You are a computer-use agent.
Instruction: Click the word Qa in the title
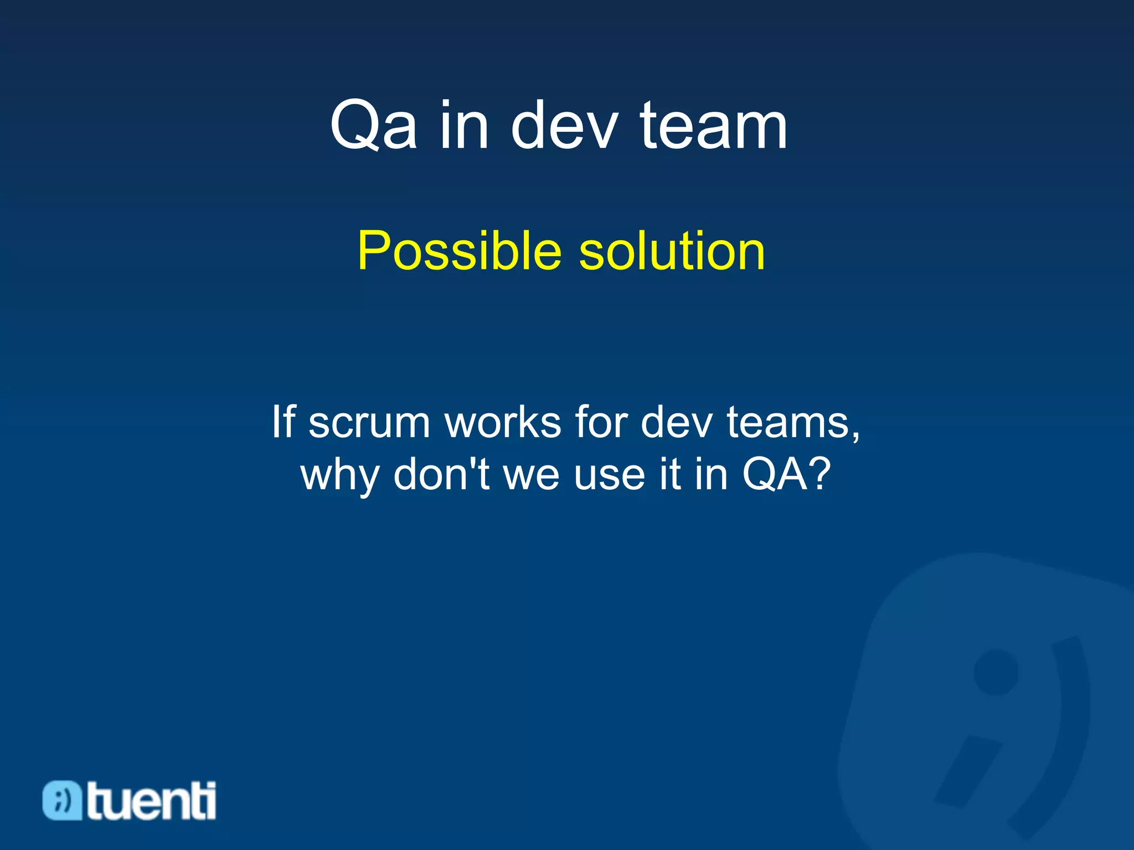point(373,126)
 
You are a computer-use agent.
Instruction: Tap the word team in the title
point(713,126)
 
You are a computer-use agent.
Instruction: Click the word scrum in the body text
point(369,423)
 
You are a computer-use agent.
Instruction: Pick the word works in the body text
point(503,423)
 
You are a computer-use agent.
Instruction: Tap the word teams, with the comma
point(793,423)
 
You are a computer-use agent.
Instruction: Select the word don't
point(441,475)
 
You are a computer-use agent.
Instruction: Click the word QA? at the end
point(787,475)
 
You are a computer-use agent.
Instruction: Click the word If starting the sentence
point(283,422)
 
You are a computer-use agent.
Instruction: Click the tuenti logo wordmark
point(151,800)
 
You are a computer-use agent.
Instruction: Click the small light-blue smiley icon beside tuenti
point(62,800)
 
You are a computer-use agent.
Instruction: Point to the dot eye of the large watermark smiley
point(996,672)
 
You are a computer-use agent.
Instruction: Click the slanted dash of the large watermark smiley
point(968,773)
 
